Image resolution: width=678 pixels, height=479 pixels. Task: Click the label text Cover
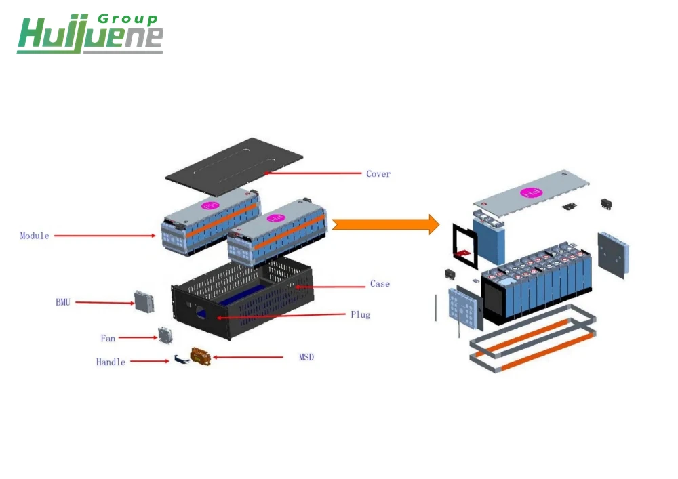[378, 174]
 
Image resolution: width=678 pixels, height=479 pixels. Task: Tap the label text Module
[35, 236]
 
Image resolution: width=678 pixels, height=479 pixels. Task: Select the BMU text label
[63, 302]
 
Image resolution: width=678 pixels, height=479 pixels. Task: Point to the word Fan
[108, 338]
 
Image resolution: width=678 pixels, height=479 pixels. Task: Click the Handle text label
[111, 362]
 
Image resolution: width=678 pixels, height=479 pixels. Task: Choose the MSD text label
[306, 357]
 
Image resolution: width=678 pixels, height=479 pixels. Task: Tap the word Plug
[361, 314]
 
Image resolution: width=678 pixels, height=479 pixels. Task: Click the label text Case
[380, 284]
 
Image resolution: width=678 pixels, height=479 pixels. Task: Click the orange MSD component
[201, 356]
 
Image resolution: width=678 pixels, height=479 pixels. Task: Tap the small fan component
[165, 335]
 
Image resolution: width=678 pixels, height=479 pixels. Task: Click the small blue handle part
[178, 360]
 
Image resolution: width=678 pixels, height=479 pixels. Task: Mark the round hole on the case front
[201, 312]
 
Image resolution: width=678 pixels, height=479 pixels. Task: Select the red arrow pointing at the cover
[313, 173]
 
